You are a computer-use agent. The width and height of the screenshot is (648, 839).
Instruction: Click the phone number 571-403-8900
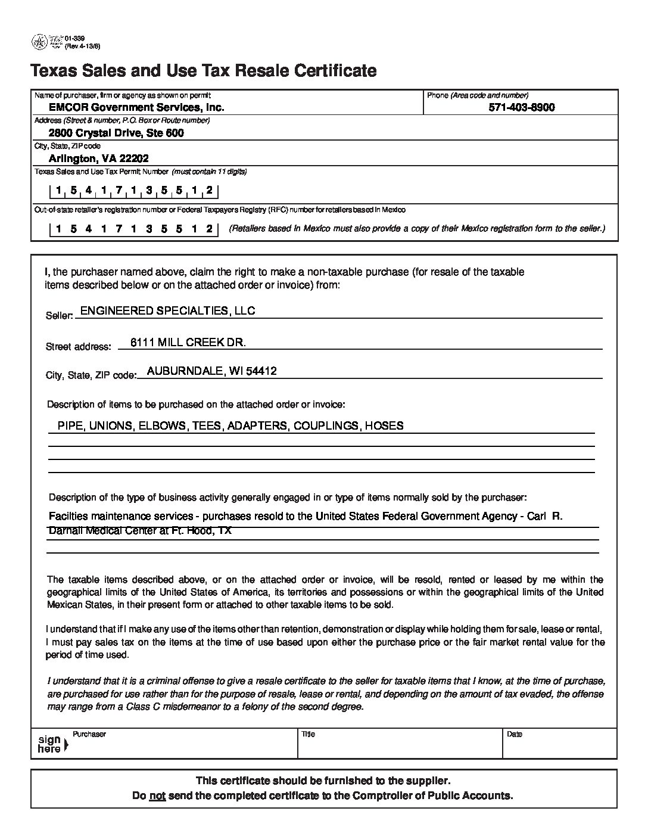521,107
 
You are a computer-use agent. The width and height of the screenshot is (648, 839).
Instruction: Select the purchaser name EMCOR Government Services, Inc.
136,107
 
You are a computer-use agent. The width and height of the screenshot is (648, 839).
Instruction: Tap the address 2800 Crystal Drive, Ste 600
116,133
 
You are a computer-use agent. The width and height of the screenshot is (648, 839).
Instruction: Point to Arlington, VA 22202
99,159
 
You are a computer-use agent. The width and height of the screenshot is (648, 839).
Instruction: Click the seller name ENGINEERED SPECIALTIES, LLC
167,310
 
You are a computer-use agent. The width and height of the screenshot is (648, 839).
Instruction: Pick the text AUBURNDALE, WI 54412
211,371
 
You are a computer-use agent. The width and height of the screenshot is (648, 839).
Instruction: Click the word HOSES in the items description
384,425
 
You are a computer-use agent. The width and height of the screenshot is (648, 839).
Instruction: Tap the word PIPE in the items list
70,425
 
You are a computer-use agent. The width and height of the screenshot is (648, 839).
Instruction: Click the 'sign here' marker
51,744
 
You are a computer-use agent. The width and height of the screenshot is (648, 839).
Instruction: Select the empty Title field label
308,734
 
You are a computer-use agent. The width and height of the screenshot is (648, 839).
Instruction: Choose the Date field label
514,734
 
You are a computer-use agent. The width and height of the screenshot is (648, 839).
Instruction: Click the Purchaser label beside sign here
89,734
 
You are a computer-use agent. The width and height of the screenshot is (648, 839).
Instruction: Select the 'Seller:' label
59,315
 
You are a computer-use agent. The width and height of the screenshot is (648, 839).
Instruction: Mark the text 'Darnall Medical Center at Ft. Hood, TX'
139,530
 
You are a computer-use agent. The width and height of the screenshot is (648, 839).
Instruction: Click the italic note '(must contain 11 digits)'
209,172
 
